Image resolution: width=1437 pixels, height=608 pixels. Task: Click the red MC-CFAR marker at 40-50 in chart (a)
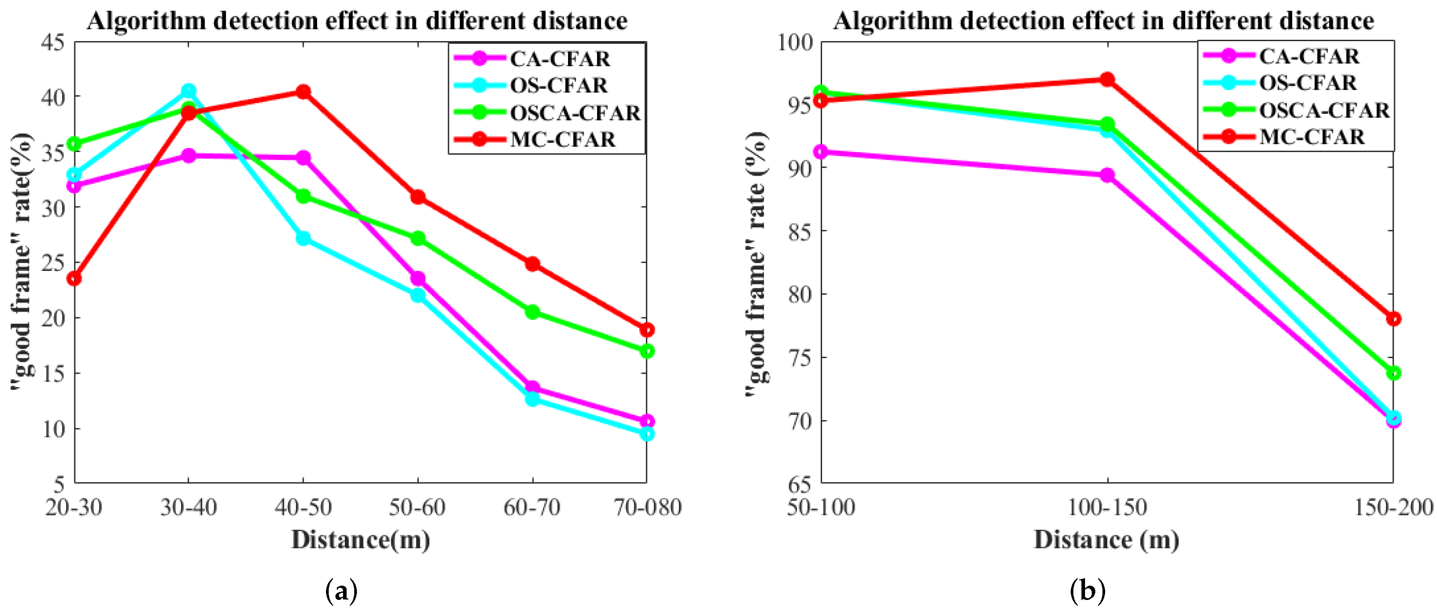303,92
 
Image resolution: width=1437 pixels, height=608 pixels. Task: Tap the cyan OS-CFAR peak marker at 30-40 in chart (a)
189,90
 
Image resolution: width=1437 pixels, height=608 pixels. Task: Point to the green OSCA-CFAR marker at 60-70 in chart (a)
532,312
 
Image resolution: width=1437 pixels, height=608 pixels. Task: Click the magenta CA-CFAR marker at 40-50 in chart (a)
303,158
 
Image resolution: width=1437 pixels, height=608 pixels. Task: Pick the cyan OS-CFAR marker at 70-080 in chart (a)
647,433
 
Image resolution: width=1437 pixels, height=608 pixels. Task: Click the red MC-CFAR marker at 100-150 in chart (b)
1107,79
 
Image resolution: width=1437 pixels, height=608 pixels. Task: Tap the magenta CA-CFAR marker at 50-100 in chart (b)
821,152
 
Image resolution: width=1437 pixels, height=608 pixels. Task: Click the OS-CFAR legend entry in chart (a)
558,85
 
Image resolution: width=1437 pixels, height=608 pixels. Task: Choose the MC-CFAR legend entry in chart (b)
1311,137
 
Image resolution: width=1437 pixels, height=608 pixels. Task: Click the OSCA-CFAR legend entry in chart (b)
1323,110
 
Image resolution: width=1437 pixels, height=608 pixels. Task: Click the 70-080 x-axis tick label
647,507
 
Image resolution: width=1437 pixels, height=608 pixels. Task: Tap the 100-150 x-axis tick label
1107,507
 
